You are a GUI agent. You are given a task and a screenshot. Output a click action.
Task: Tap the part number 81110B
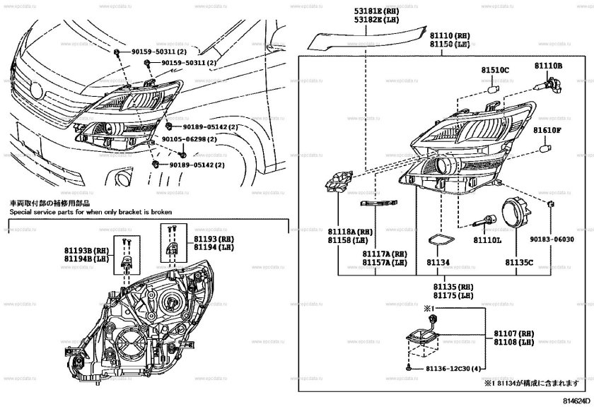point(548,65)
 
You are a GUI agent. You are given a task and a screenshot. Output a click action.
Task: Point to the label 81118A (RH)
point(350,231)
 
